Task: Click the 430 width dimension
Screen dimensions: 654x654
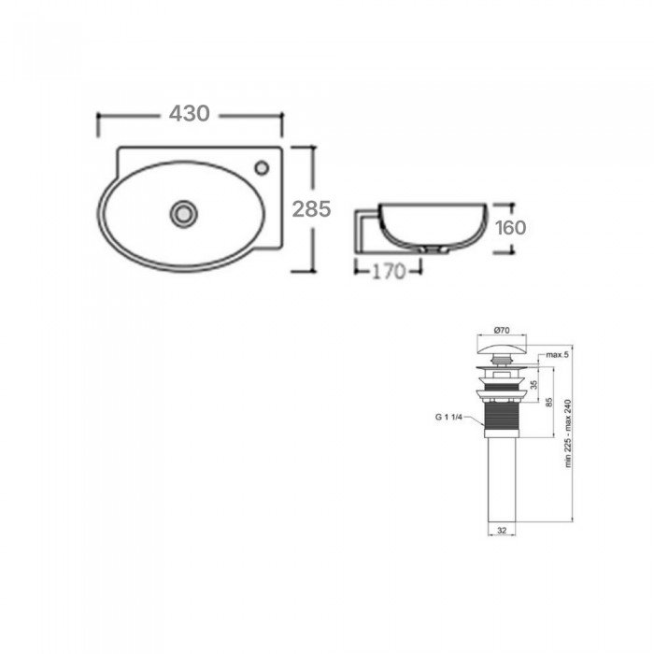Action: coord(189,113)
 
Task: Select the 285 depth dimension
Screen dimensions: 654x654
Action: coord(311,209)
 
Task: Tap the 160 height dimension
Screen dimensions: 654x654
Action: coord(510,228)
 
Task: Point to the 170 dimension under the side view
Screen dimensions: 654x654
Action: coord(389,272)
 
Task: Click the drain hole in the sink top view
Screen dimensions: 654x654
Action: coord(183,214)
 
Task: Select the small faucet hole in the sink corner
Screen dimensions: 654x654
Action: coord(262,168)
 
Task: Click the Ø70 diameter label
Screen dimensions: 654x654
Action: coord(502,330)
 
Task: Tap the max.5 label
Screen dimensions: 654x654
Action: coord(557,355)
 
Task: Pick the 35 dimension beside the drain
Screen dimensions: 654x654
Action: coord(533,385)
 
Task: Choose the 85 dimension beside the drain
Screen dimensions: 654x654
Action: coord(549,403)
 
